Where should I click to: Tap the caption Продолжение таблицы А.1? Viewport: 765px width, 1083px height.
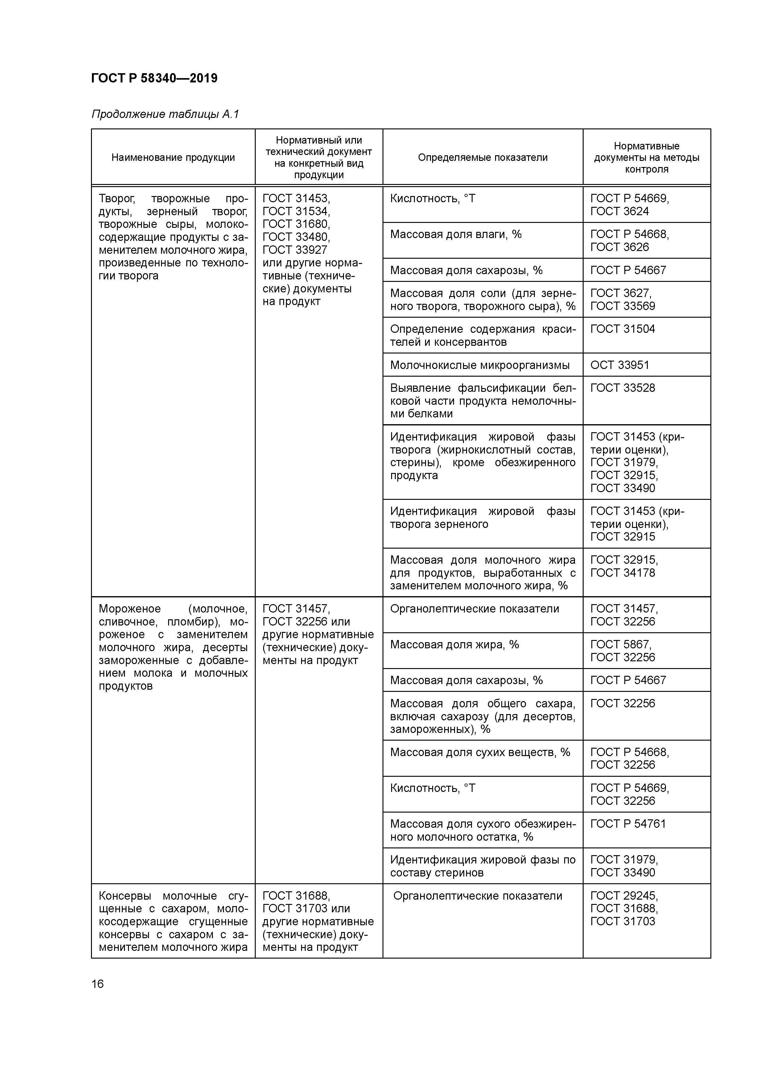point(165,114)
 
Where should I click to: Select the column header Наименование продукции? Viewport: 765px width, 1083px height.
point(173,157)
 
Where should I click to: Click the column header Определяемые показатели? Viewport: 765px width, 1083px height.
point(483,157)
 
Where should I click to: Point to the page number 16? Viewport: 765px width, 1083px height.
point(97,984)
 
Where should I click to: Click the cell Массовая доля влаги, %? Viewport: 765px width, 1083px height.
point(456,234)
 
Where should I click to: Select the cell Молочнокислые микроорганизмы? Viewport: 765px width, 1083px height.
point(480,365)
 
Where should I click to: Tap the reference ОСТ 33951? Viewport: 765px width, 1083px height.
point(619,365)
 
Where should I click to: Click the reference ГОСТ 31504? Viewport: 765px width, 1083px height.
point(623,329)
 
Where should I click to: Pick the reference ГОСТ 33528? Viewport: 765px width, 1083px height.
point(623,388)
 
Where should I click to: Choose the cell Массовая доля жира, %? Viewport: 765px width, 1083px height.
point(454,645)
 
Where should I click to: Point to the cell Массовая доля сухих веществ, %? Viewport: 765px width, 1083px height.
point(480,752)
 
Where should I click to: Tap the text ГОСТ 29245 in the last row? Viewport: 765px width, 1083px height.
point(624,896)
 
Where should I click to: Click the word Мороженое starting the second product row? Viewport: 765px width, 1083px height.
point(130,609)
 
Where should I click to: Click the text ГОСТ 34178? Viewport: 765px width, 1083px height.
point(623,573)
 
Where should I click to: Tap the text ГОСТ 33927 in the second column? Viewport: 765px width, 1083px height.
point(295,250)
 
